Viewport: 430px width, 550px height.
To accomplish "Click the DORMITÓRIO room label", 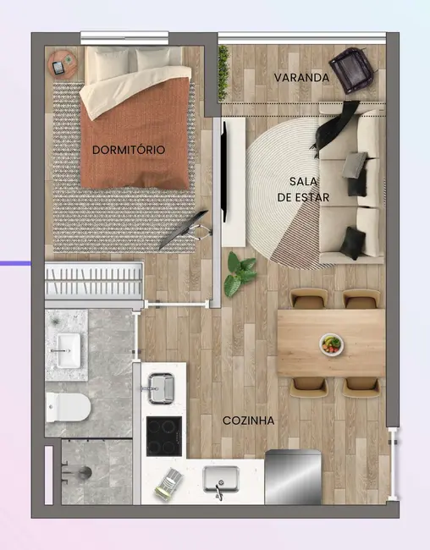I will [128, 150].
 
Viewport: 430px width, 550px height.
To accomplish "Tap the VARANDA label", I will [301, 78].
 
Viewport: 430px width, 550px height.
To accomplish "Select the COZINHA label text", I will [248, 420].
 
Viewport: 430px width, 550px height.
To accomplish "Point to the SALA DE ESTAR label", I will [303, 190].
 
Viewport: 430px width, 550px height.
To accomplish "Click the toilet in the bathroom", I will [69, 406].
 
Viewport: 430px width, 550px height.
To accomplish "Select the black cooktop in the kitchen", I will [164, 436].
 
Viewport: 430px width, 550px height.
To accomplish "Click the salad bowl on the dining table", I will [332, 344].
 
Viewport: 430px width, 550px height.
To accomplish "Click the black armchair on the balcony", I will [352, 67].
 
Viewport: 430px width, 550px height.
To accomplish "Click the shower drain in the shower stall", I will [85, 468].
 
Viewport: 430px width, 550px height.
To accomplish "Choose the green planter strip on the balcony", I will [223, 71].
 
